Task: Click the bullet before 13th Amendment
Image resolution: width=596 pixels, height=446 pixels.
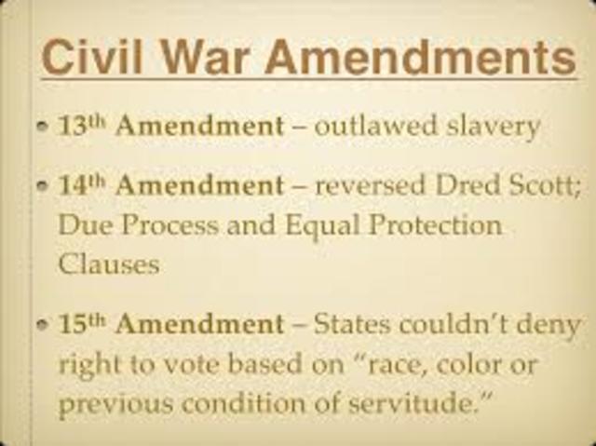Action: pyautogui.click(x=46, y=127)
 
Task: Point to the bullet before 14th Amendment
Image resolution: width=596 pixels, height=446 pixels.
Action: pyautogui.click(x=46, y=186)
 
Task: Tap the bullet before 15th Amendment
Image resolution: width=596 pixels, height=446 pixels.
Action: pyautogui.click(x=46, y=325)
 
